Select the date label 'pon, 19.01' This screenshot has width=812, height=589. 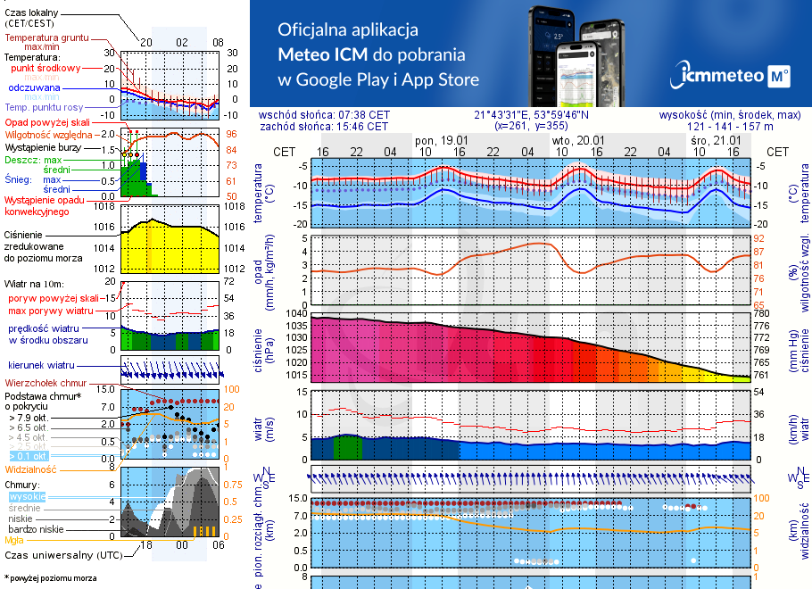point(442,141)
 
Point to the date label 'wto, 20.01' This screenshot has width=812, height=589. point(578,141)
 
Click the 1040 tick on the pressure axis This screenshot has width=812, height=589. point(294,314)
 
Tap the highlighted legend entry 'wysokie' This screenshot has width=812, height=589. point(27,496)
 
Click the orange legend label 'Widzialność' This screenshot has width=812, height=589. point(31,468)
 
